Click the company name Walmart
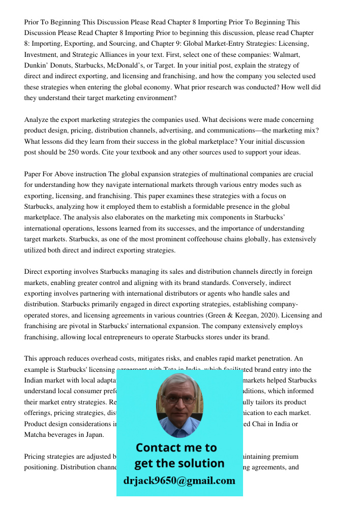287,55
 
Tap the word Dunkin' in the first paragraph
36,66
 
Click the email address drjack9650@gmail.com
179,481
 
